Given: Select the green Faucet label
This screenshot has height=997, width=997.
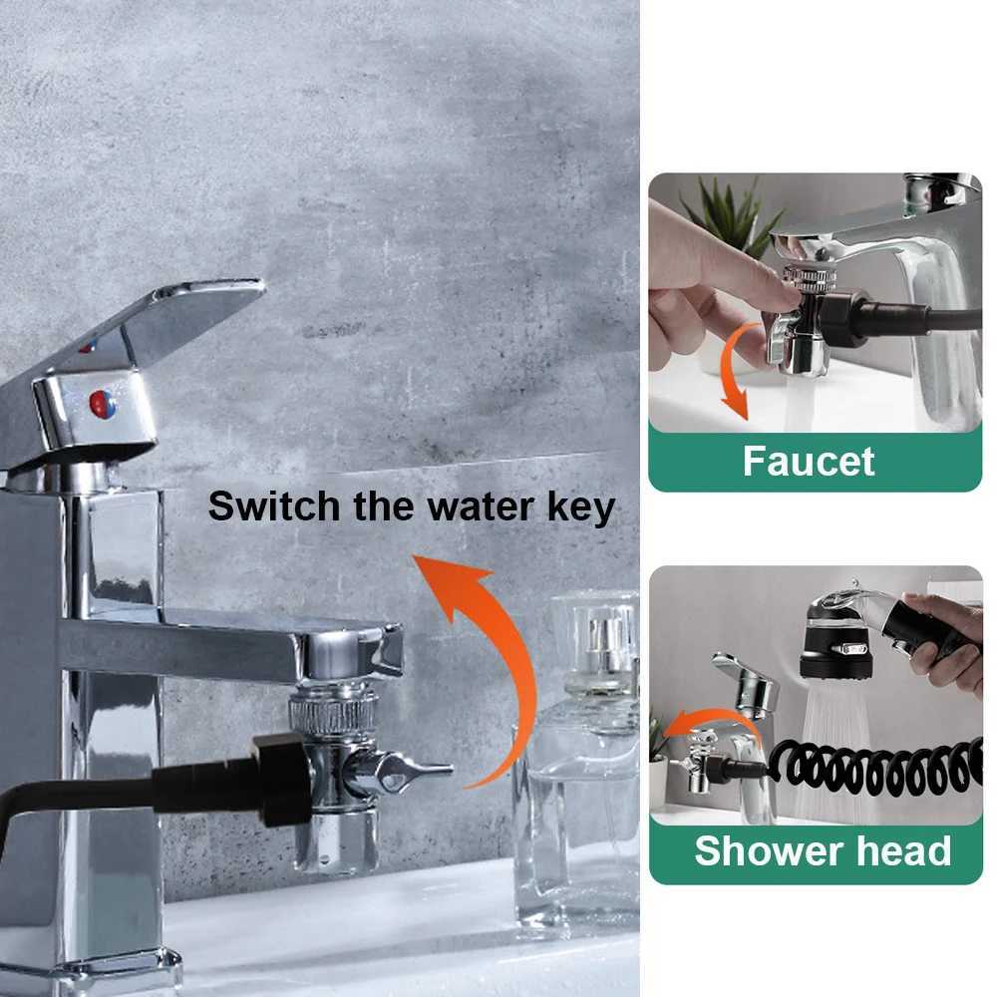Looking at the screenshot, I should [x=809, y=462].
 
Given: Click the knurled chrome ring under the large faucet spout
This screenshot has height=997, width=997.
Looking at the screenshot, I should [x=333, y=710].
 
